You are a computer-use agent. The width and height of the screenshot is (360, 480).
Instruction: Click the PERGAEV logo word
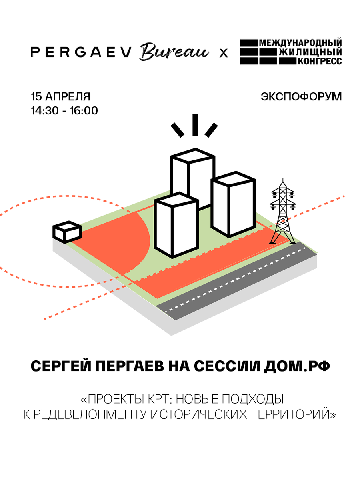pyautogui.click(x=80, y=53)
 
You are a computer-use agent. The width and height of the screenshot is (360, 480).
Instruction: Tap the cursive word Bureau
pyautogui.click(x=174, y=53)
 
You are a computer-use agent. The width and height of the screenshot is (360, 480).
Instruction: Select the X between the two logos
pyautogui.click(x=223, y=53)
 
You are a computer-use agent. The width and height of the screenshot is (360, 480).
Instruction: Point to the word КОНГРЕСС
pyautogui.click(x=319, y=61)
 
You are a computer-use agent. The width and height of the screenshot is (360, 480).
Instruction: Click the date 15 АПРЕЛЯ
pyautogui.click(x=61, y=96)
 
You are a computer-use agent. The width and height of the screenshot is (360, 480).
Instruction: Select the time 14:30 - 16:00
pyautogui.click(x=64, y=110)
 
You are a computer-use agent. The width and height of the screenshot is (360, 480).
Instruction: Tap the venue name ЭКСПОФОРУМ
pyautogui.click(x=301, y=96)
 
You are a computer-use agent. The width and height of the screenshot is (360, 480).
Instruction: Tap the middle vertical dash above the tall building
pyautogui.click(x=195, y=125)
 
